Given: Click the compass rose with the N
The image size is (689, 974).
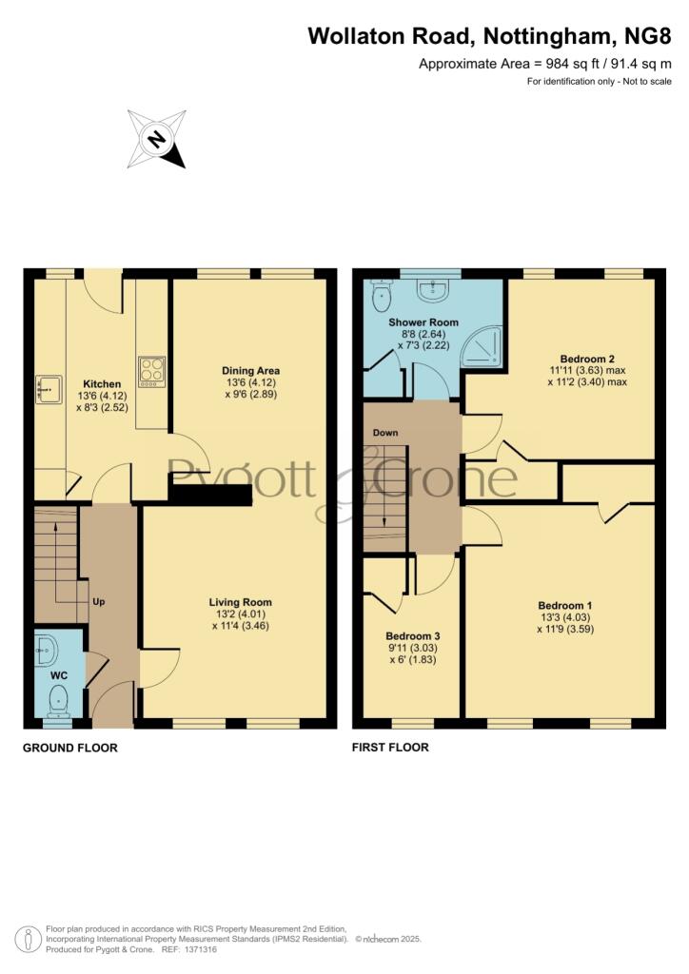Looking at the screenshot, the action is (x=157, y=139).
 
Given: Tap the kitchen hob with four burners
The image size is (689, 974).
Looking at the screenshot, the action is (x=152, y=372).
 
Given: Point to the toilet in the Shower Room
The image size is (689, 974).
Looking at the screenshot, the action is (x=380, y=295).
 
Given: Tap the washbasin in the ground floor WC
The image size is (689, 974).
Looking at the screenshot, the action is (x=46, y=651).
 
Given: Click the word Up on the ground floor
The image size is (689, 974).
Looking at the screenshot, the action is (x=99, y=601).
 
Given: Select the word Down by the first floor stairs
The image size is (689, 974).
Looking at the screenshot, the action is (x=385, y=433).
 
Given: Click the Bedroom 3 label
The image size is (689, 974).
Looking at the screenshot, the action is (x=412, y=636).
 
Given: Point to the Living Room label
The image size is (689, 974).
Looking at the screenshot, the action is (x=240, y=602).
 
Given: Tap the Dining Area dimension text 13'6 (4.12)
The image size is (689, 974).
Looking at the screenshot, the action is (x=250, y=382).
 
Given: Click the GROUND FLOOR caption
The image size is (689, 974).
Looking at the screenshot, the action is (x=70, y=748).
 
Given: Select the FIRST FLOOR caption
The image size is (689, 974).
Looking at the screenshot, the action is (x=390, y=748).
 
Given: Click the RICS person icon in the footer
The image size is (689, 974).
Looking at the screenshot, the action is (x=28, y=939).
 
